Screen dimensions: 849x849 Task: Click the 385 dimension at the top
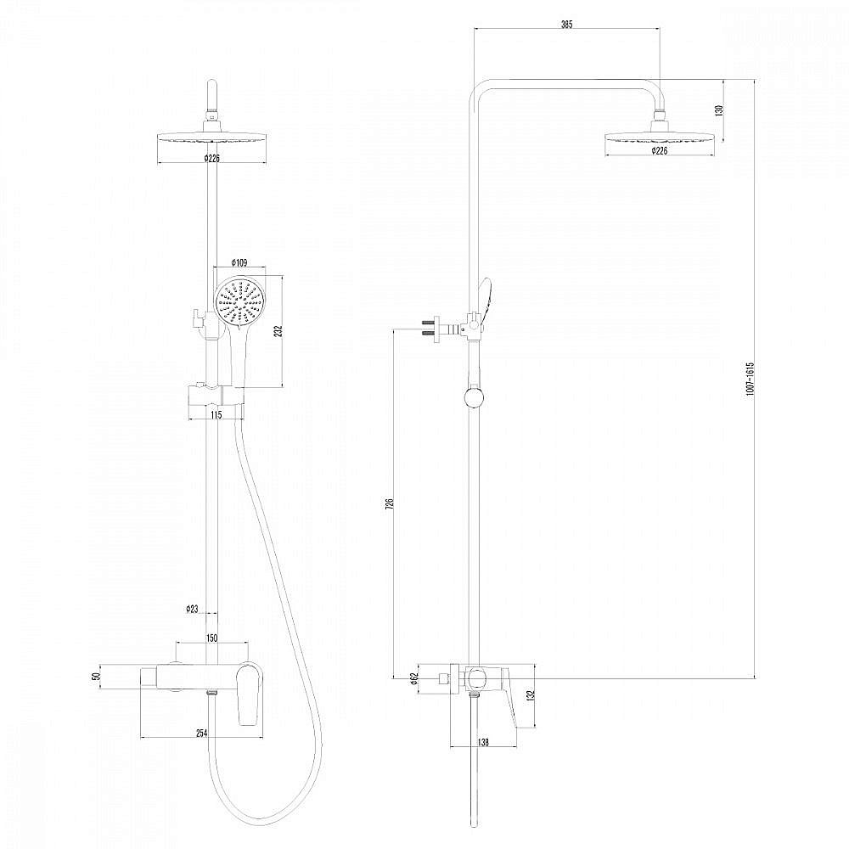(x=566, y=25)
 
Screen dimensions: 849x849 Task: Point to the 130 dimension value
(x=718, y=110)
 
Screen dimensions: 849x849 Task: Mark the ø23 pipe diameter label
(x=193, y=609)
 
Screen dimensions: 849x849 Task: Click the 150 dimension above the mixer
(x=213, y=638)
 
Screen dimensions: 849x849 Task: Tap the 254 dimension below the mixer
(x=202, y=734)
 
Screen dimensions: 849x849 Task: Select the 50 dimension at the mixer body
(x=97, y=677)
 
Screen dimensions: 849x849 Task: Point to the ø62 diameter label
(x=413, y=678)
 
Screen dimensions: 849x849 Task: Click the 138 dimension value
(x=483, y=742)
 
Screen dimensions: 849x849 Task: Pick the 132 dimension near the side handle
(x=531, y=695)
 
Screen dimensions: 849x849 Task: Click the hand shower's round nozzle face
(x=239, y=303)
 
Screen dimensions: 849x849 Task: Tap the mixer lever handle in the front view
(x=248, y=694)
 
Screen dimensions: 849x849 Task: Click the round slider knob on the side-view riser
(x=474, y=397)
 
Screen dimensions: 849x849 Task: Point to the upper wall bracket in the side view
(x=431, y=326)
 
